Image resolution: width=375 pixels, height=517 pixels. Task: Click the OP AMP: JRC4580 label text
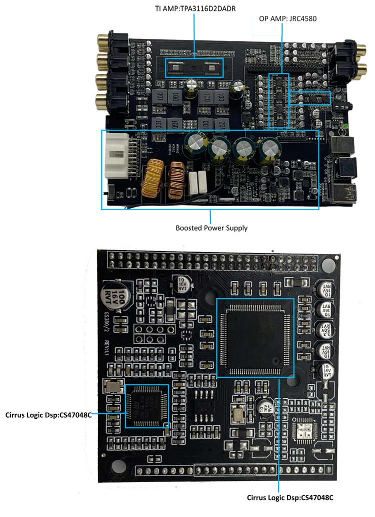pos(287,18)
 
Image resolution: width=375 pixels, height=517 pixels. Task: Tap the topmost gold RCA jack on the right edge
pos(362,49)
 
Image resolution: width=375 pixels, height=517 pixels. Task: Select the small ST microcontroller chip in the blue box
pos(146,406)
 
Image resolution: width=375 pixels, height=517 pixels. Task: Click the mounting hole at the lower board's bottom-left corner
pos(118,466)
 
